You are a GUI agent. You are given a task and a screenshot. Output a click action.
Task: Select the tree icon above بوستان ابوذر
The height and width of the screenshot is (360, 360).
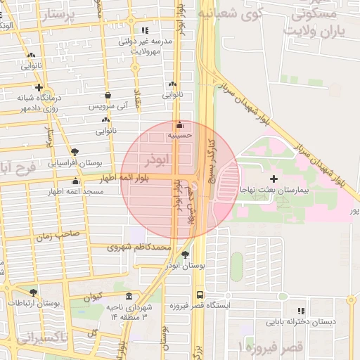coord(185,255)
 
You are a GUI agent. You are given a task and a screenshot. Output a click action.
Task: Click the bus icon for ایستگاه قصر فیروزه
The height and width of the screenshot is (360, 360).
coord(200,295)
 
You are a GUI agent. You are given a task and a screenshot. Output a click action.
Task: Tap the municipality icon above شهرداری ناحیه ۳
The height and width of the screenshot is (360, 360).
coord(128,296)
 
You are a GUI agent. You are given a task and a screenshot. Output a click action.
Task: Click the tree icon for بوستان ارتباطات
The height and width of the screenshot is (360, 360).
coord(33,292)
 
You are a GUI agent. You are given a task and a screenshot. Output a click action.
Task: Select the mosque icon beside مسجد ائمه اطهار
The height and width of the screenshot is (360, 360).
coord(75,181)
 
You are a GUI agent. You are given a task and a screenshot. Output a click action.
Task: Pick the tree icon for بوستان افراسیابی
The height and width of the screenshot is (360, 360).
coord(75,151)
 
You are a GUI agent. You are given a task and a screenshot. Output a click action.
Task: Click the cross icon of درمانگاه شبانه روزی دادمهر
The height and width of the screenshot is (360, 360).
coord(39,87)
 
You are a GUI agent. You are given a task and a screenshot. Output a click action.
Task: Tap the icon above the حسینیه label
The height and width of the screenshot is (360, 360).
coord(180,122)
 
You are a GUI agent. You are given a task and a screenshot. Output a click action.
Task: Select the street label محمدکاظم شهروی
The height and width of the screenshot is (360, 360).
coord(139,247)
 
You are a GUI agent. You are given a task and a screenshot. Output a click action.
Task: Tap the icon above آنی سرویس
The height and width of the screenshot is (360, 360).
coord(107,95)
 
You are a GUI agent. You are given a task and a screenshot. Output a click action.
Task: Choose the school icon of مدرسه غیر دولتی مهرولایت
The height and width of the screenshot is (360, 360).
coord(146,31)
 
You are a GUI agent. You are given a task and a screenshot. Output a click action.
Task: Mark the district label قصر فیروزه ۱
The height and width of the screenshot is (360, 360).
coord(270,347)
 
